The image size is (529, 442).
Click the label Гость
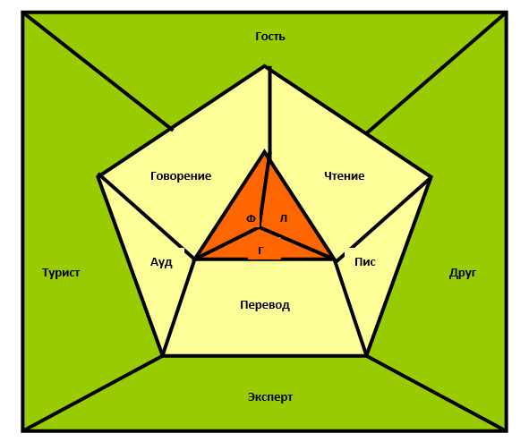point(270,36)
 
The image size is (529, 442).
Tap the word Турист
point(61,272)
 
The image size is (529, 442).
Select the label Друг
point(463,273)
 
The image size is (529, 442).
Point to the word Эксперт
point(270,397)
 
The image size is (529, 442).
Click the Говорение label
point(181,176)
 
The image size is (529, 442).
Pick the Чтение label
point(345,175)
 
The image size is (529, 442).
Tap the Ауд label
point(161,262)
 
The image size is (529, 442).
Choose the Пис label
point(365,262)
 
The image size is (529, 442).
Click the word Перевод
point(265,305)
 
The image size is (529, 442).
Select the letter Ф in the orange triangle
point(251,219)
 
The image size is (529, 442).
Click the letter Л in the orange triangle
point(284,219)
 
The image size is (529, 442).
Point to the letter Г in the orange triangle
point(260,251)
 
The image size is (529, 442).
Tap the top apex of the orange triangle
point(266,152)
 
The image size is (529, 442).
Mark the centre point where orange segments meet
point(260,228)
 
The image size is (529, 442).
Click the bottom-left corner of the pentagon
point(163,355)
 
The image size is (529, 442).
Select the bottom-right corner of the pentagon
point(367,355)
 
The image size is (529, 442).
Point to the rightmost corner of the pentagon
point(431,177)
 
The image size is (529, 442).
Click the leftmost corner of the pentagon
point(98,175)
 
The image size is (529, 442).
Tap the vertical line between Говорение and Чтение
point(269,111)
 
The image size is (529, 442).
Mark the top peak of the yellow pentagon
point(266,66)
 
